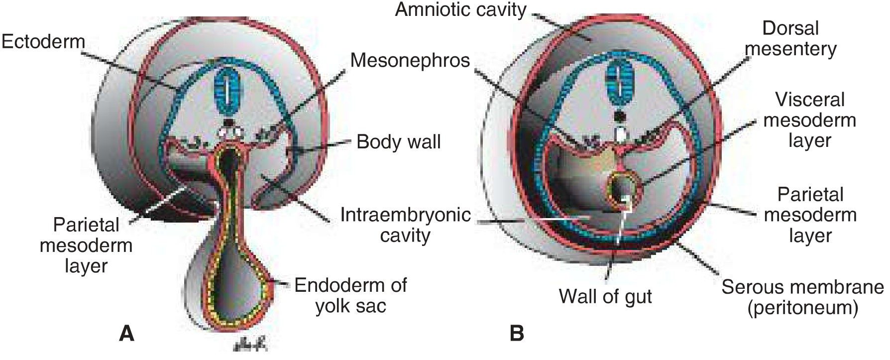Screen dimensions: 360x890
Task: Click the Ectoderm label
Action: (x=43, y=41)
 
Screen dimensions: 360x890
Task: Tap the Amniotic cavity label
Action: (x=460, y=9)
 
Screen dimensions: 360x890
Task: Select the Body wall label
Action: (x=399, y=142)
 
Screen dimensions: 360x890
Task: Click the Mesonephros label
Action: (x=410, y=60)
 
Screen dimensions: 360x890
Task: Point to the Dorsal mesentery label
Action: (x=790, y=38)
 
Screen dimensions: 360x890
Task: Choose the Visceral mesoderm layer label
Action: (x=810, y=120)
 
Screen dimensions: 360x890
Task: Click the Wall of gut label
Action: (x=605, y=296)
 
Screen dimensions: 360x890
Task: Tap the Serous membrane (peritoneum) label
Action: (x=802, y=297)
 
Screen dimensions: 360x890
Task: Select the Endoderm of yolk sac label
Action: (x=350, y=295)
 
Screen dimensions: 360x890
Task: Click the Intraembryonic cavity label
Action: (x=405, y=225)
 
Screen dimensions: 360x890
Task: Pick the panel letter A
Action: (x=127, y=333)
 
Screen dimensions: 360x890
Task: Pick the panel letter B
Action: (x=517, y=333)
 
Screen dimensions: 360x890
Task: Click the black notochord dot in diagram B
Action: (x=620, y=116)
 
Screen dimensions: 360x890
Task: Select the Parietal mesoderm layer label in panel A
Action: (x=86, y=245)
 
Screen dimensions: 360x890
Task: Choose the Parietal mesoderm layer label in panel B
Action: (x=810, y=215)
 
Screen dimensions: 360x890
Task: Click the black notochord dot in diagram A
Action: (x=228, y=122)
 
